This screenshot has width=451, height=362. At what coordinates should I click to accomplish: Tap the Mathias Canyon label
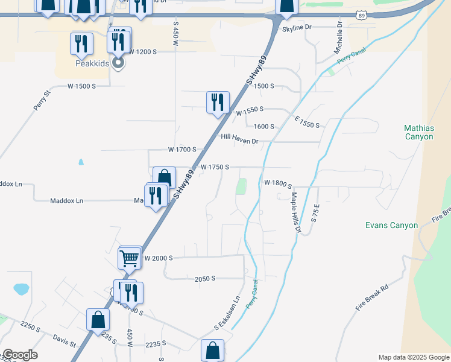click(418, 132)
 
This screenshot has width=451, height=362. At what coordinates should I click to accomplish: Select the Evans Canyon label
click(391, 225)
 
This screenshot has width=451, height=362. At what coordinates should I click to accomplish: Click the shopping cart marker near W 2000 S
click(130, 258)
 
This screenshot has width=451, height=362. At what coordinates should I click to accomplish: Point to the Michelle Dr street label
click(338, 37)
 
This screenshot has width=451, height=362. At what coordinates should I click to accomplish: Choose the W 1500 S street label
click(81, 86)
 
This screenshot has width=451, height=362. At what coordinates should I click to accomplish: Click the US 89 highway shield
click(361, 15)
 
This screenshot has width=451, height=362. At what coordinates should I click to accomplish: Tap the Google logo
click(19, 355)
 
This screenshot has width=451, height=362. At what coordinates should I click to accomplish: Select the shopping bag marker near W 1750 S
click(164, 178)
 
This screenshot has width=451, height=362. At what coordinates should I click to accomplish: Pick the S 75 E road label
click(315, 214)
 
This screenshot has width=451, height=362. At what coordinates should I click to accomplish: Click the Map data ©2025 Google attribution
click(413, 357)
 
